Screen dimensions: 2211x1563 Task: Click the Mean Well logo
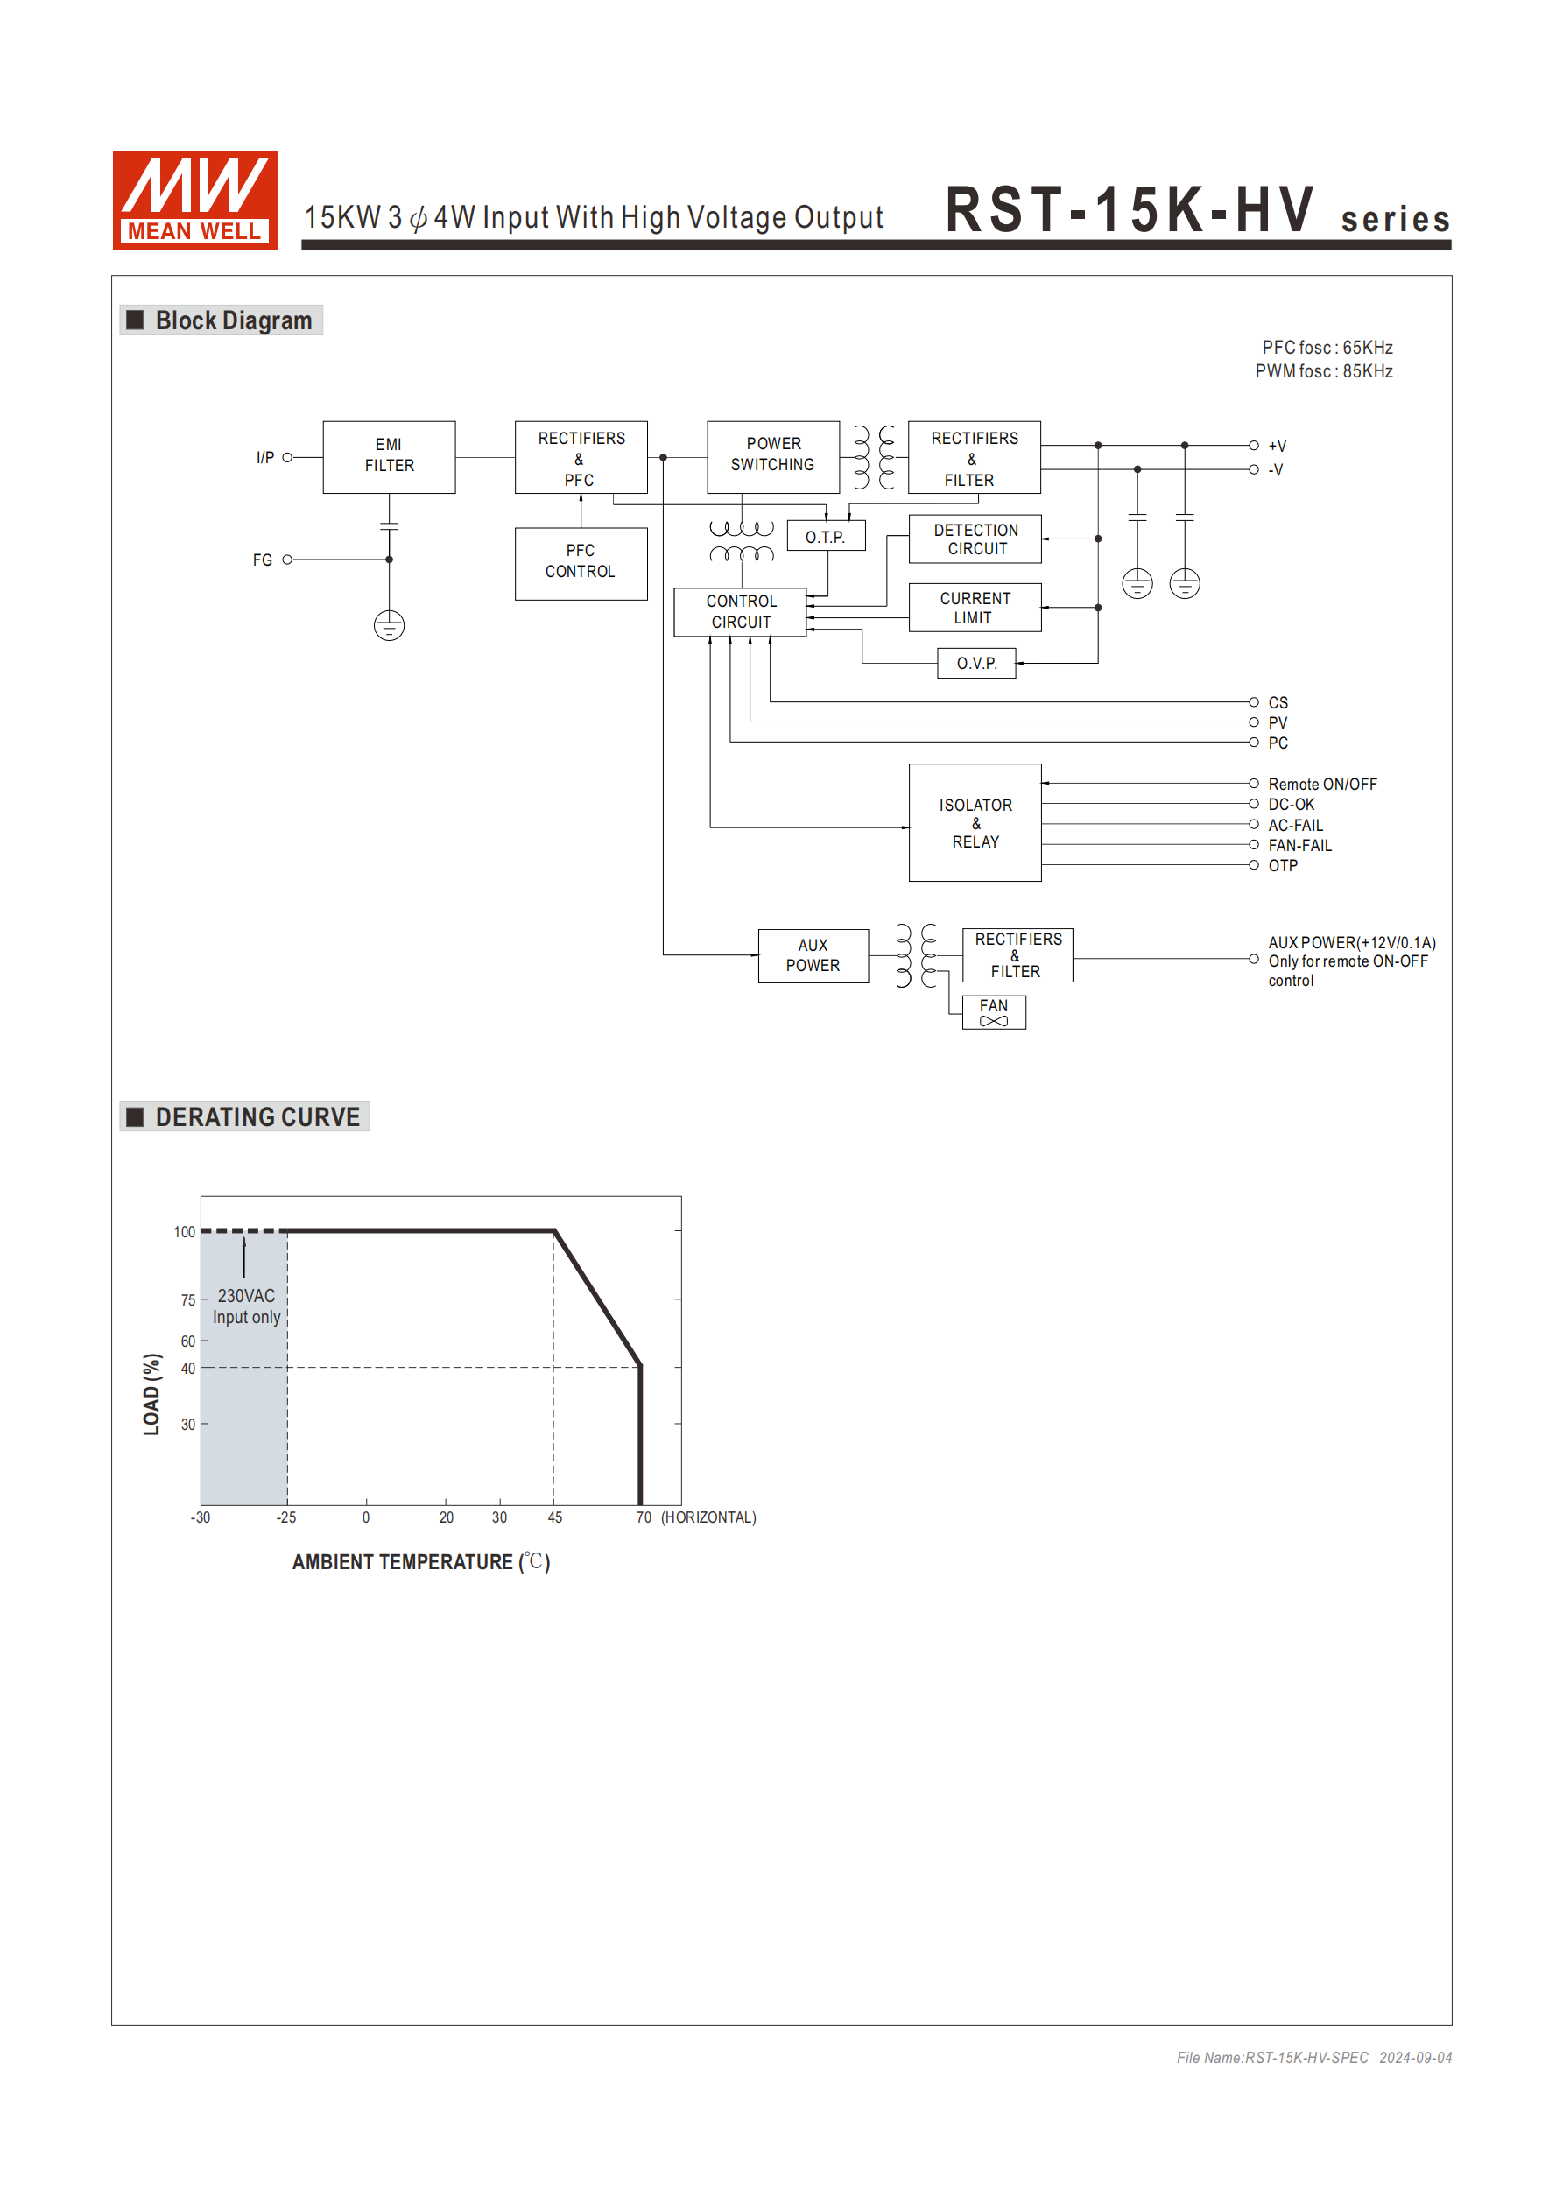(x=194, y=201)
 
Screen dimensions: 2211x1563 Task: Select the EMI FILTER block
(x=389, y=456)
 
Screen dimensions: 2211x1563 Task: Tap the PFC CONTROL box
(x=581, y=562)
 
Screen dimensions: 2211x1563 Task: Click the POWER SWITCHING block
(x=772, y=456)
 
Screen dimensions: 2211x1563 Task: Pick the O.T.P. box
(x=826, y=537)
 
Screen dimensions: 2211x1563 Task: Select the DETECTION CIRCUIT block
(x=975, y=539)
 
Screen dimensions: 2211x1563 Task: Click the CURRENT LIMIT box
(x=975, y=608)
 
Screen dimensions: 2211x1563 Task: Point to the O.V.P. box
(x=975, y=664)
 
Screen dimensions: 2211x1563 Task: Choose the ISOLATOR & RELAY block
(x=975, y=823)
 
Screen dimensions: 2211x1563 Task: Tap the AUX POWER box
(x=813, y=955)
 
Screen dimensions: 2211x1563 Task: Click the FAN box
(x=994, y=1012)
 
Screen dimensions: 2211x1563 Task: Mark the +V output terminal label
(x=1277, y=446)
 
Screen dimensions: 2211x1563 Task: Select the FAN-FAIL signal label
(x=1299, y=846)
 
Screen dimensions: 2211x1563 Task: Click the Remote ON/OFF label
(x=1321, y=784)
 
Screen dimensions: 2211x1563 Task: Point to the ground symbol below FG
(x=389, y=626)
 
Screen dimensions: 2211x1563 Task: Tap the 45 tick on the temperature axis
(x=554, y=1517)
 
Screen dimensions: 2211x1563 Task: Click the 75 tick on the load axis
(x=187, y=1300)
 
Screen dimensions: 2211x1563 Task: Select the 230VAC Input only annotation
(x=247, y=1306)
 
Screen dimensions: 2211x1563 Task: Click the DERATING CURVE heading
(x=257, y=1117)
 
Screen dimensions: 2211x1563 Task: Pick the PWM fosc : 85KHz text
(x=1323, y=371)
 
